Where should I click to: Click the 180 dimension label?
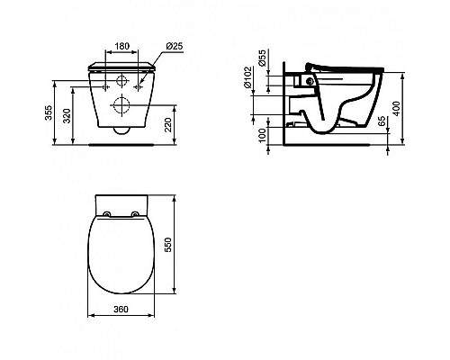tap(122, 46)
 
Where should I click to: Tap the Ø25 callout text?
tap(174, 46)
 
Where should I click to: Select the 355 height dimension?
tap(49, 112)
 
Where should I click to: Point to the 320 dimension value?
tap(67, 115)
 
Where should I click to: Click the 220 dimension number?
tap(167, 125)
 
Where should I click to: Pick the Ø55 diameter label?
tap(262, 58)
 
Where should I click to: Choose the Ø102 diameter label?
tap(247, 77)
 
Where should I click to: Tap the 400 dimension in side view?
tap(396, 109)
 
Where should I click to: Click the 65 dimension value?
tap(382, 121)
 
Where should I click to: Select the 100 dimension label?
tap(262, 136)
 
